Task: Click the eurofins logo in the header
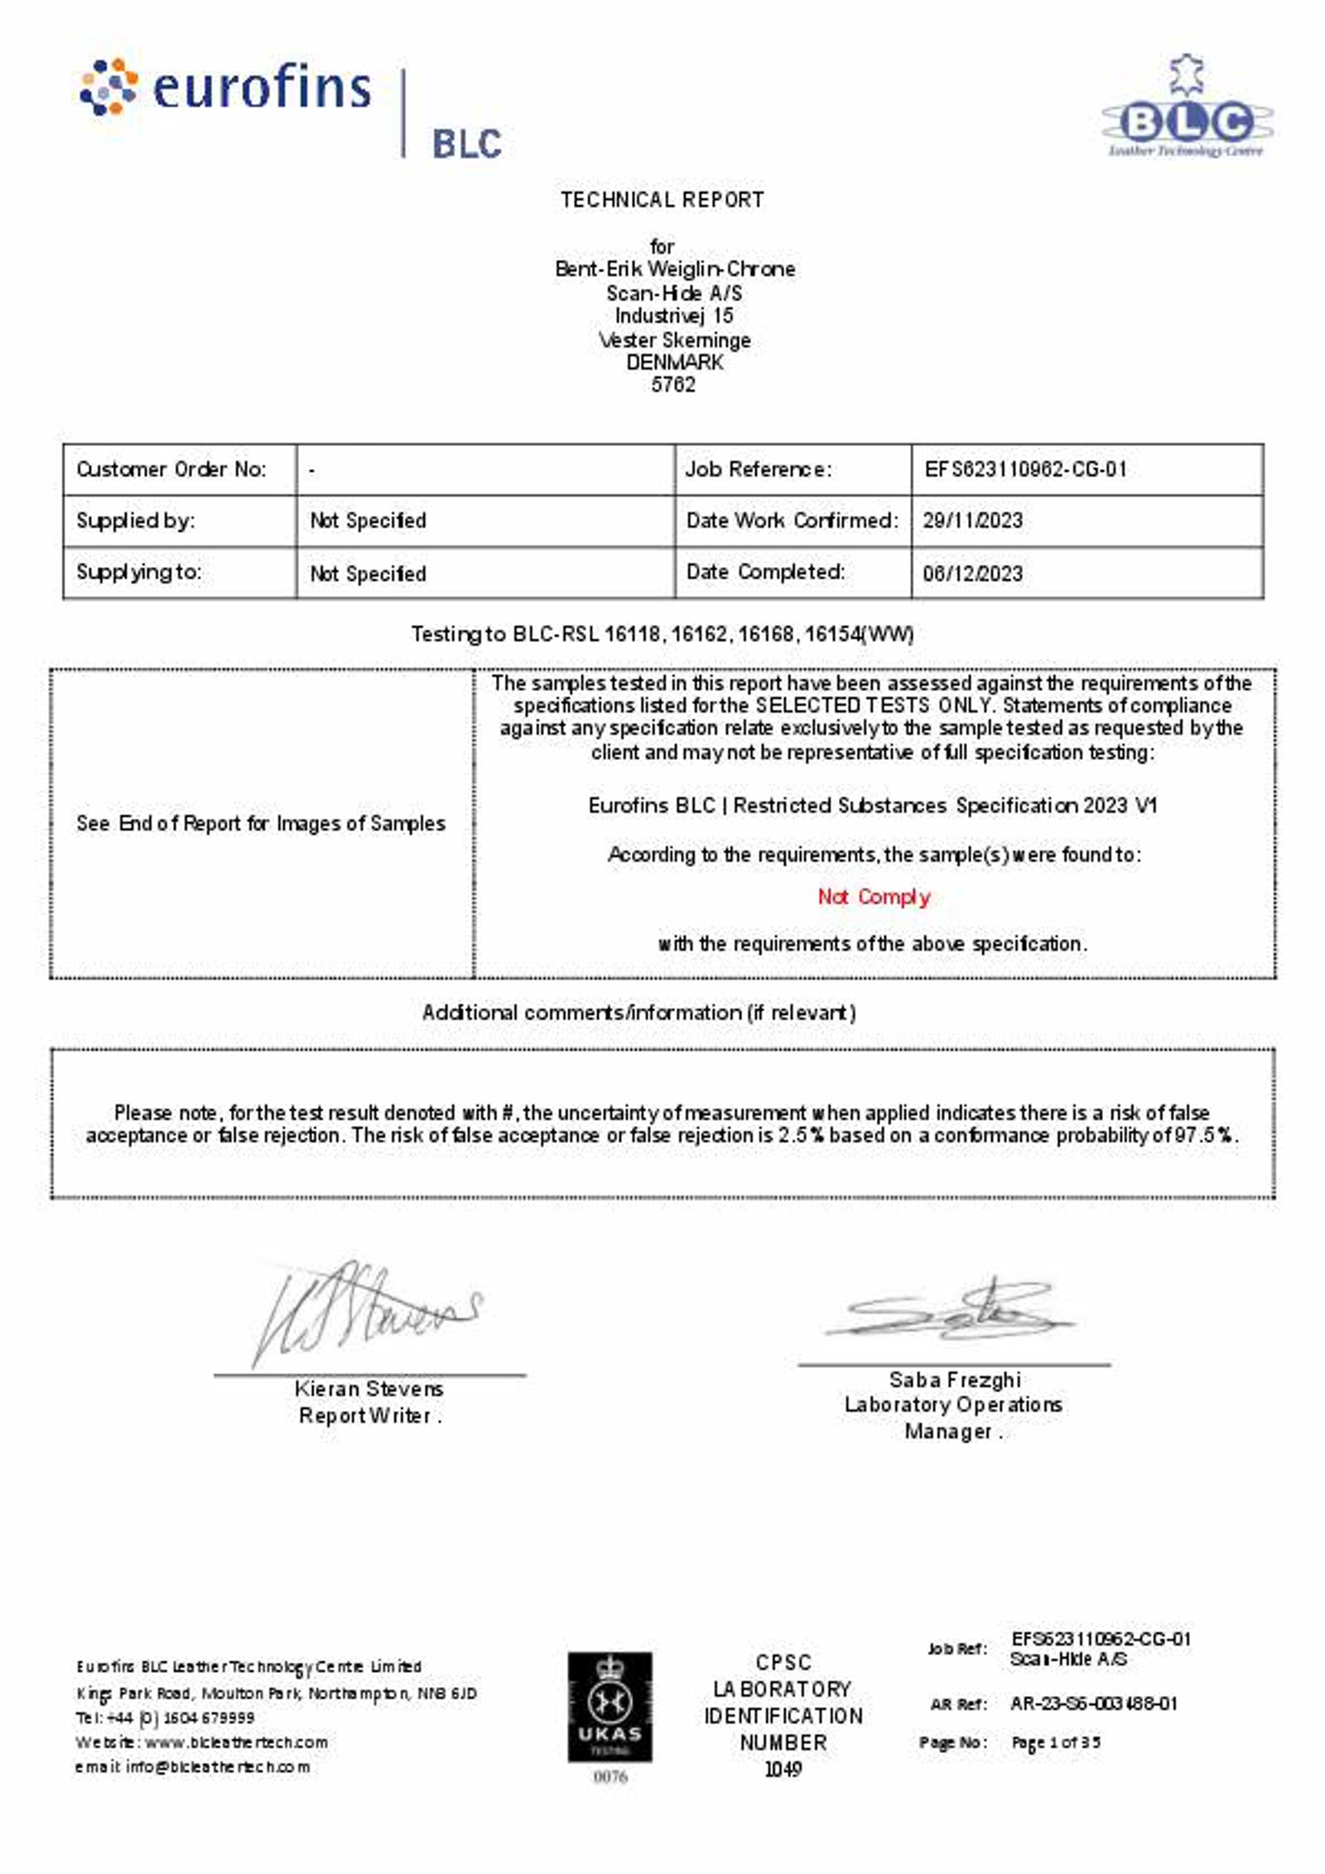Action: tap(225, 87)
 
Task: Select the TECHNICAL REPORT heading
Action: tap(662, 199)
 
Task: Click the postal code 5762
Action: tap(672, 384)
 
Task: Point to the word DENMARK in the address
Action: tap(674, 362)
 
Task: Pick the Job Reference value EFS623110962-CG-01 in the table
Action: tap(1025, 469)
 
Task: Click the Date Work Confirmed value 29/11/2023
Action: tap(972, 521)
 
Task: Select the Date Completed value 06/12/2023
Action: tap(972, 573)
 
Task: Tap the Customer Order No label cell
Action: tap(171, 469)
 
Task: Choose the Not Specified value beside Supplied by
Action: tap(368, 521)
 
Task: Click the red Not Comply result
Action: tap(874, 896)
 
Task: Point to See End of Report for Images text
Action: tap(261, 823)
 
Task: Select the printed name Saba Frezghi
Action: tap(954, 1380)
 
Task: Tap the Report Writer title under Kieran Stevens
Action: tap(369, 1415)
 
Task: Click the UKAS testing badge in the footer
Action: tap(609, 1707)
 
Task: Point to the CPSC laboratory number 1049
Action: tap(783, 1769)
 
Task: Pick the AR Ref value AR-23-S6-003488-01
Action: tap(1093, 1703)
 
